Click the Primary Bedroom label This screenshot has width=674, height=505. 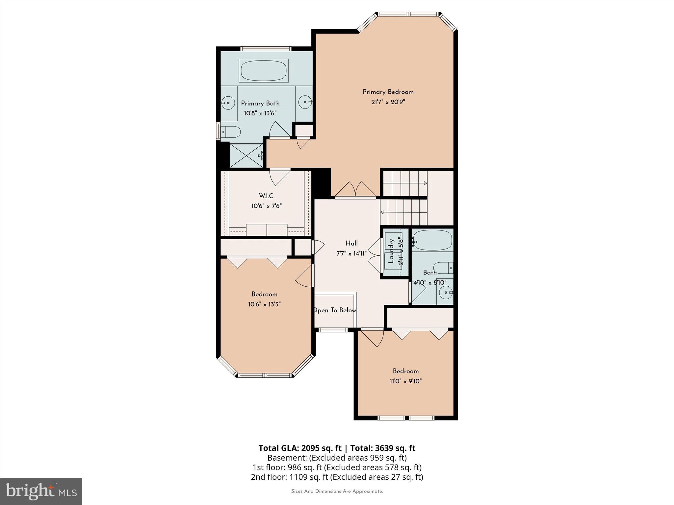388,92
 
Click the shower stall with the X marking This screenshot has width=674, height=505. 246,156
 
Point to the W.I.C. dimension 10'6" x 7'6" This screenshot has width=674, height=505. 267,206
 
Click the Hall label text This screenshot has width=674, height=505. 351,243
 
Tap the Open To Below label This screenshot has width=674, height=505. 335,310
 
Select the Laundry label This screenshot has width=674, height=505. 391,251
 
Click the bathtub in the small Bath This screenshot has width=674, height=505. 432,240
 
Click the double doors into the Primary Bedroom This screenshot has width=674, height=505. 355,190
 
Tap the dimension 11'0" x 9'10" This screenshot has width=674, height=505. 405,381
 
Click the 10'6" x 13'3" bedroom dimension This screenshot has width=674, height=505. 264,304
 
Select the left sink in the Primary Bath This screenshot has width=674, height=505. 228,103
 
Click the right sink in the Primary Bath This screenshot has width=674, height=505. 305,102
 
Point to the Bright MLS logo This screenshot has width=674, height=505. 41,491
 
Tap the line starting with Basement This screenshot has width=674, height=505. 337,458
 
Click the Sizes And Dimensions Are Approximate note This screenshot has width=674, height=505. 337,492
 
